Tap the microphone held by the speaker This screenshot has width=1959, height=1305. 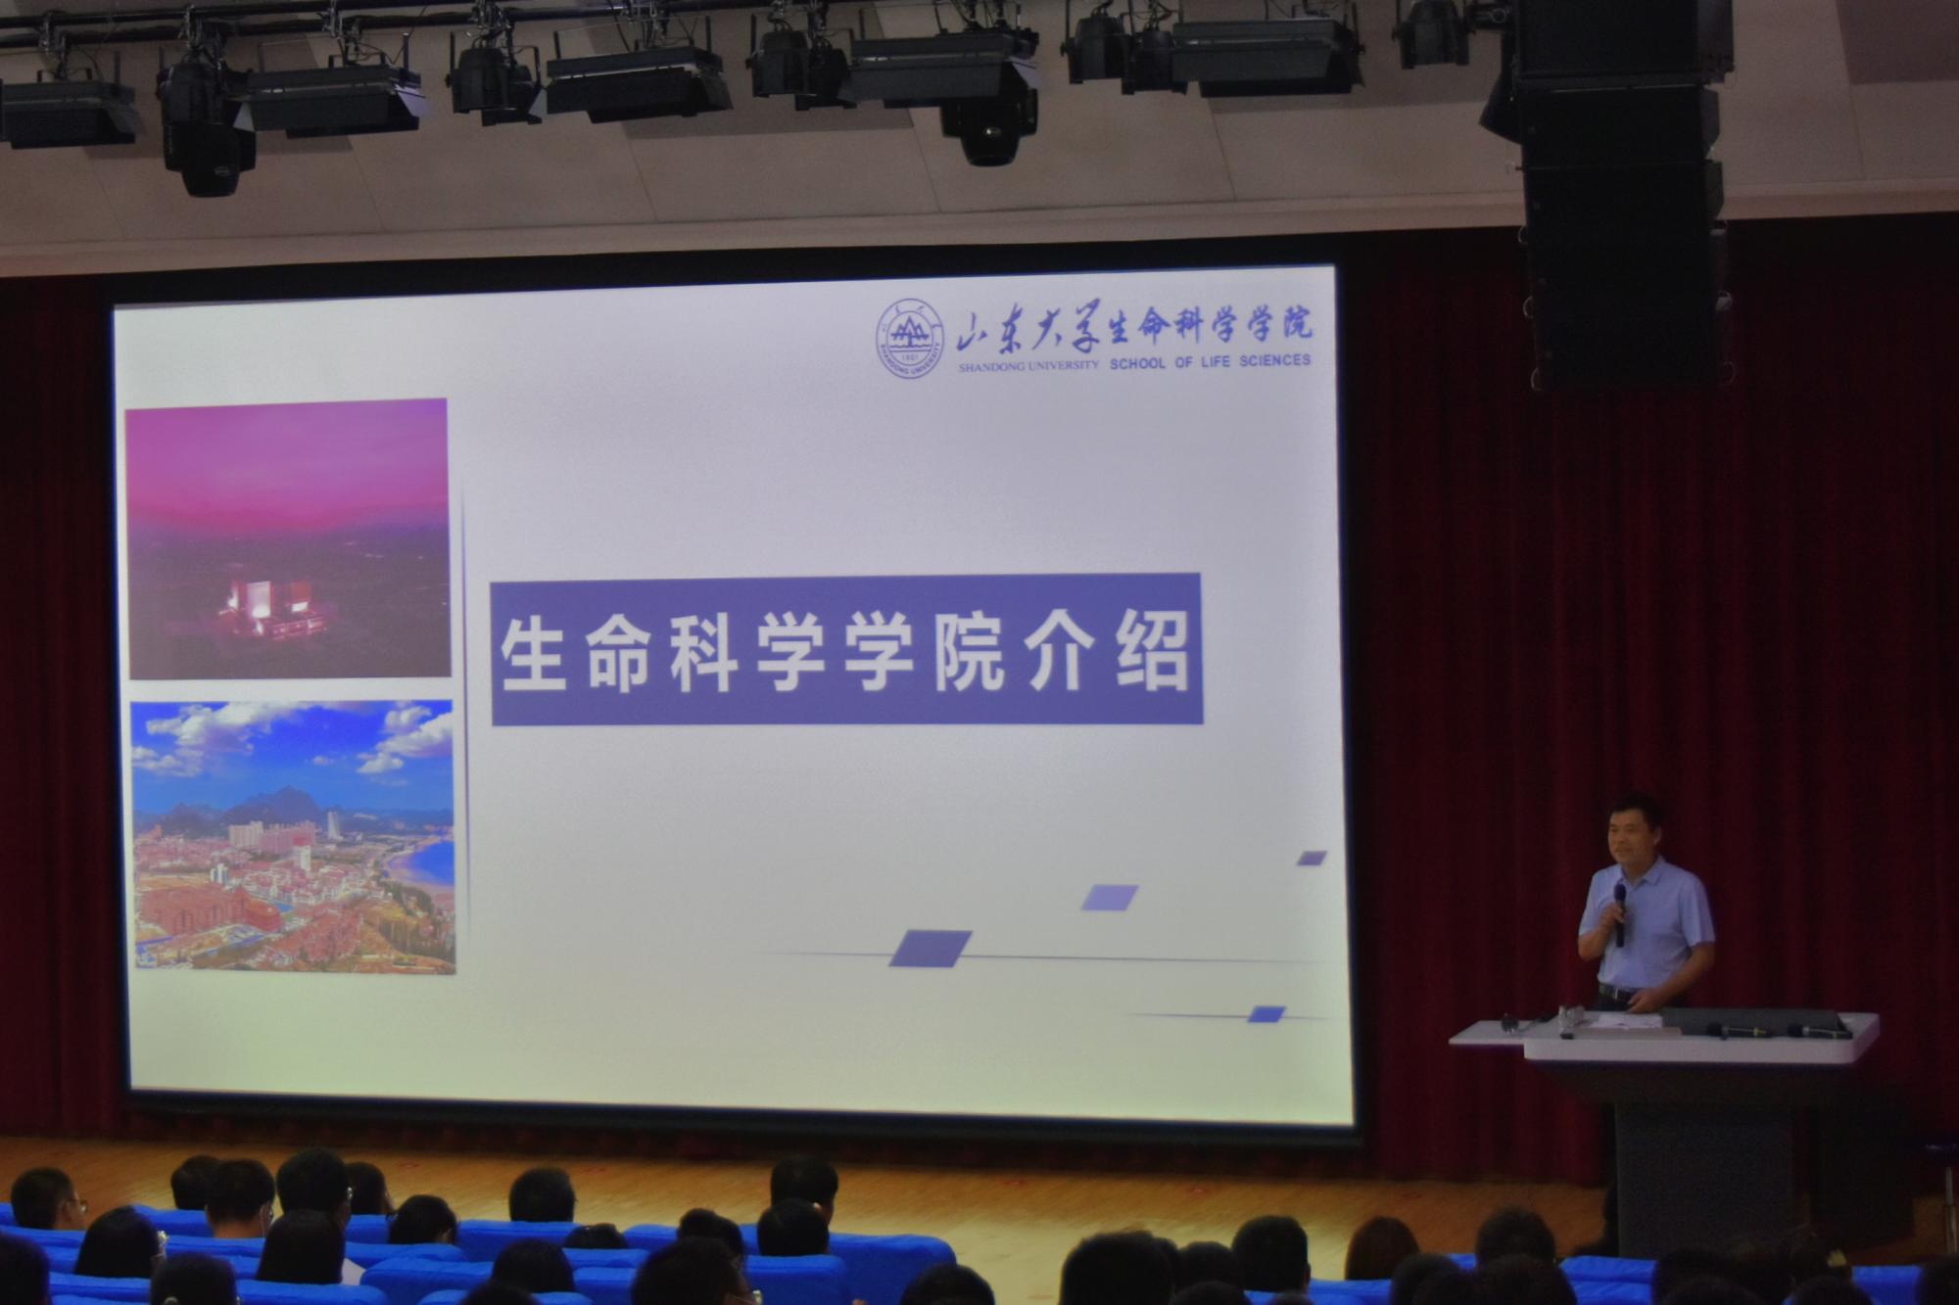(1620, 914)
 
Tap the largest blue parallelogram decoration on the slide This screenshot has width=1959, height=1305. (930, 948)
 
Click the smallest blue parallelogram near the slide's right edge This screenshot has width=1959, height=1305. (1312, 859)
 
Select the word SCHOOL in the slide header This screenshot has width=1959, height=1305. (1137, 362)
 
